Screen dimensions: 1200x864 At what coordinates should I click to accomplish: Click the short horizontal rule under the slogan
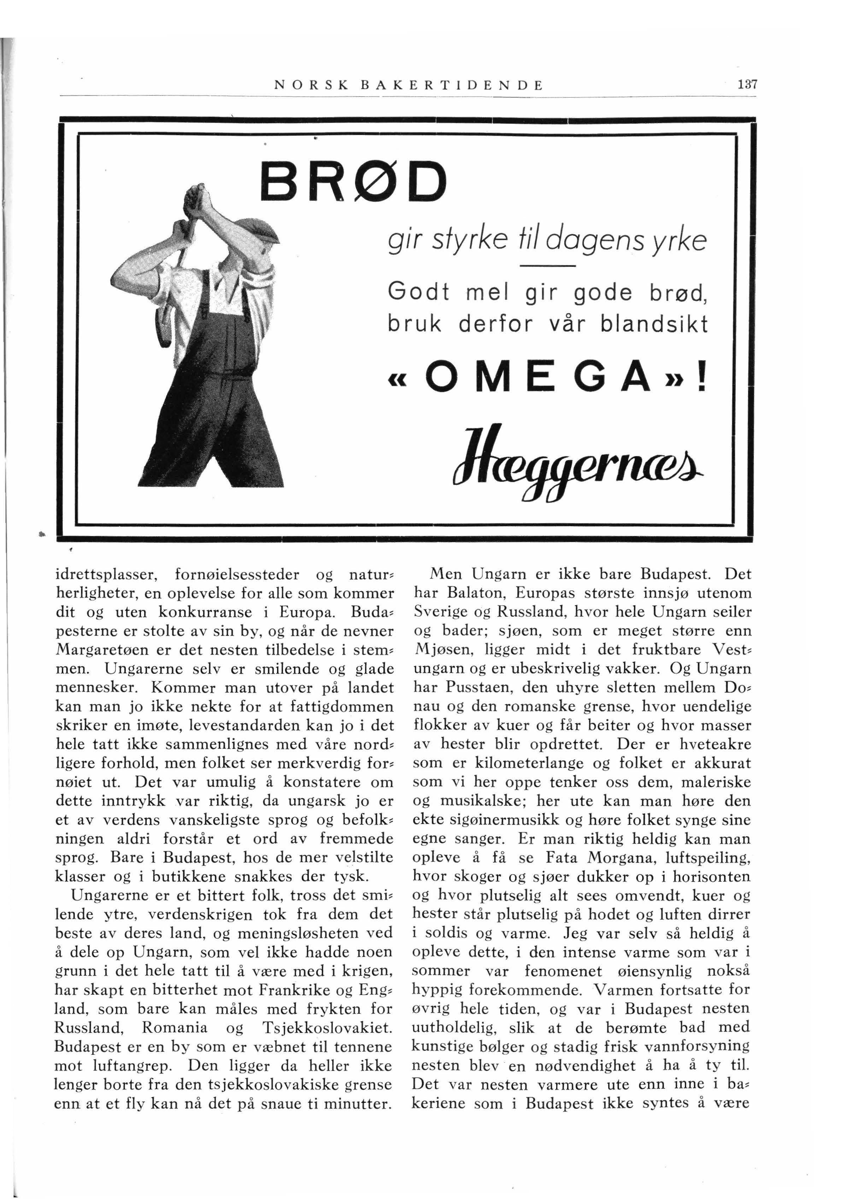[x=548, y=266]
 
